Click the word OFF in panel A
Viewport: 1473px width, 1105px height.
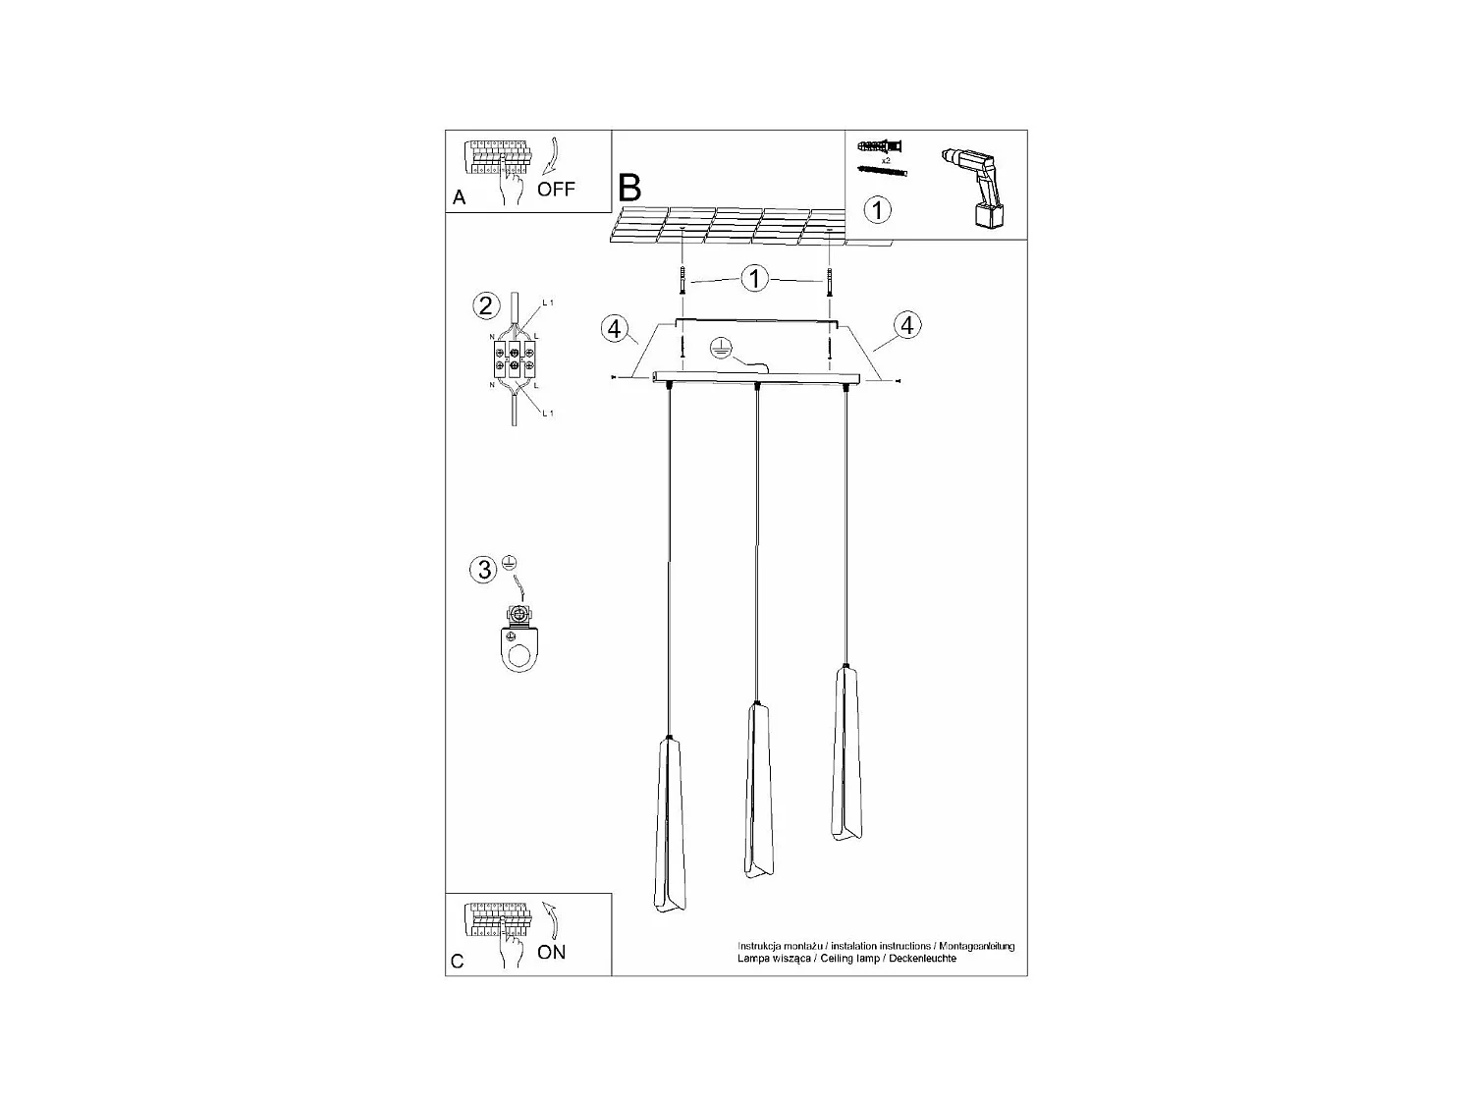coord(556,190)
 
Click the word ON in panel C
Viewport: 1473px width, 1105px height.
coord(551,952)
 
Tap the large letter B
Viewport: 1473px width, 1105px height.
coord(629,187)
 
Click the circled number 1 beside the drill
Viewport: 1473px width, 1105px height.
coord(877,209)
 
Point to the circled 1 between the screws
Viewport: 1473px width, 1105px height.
coord(754,279)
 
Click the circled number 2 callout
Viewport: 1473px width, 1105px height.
coord(484,305)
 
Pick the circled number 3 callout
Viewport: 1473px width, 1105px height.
coord(483,570)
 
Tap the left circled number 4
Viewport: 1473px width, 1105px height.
coord(615,328)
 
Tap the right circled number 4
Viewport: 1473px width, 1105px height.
coord(907,324)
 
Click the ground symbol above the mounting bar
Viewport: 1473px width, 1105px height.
coord(719,346)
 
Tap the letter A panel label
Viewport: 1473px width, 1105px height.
coord(459,197)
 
